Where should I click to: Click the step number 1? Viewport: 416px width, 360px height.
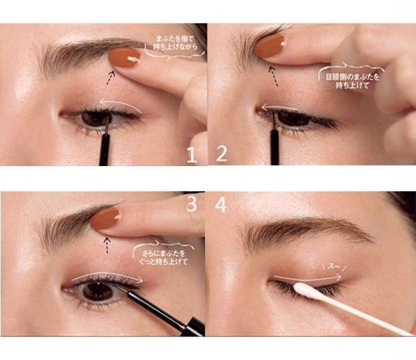coord(192,155)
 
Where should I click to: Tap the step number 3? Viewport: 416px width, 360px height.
coord(192,204)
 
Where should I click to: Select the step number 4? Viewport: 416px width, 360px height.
coord(221,204)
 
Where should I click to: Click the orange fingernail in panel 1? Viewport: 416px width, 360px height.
coord(124,58)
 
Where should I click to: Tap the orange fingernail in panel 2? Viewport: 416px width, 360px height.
coord(270,46)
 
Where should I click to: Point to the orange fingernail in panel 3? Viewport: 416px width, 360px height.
coord(105,219)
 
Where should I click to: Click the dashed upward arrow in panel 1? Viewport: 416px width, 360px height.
coord(110,78)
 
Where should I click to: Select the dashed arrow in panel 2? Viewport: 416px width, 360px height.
coord(273,76)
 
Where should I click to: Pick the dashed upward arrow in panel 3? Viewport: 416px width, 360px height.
coord(107,245)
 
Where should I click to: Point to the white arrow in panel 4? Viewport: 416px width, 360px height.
coord(308,279)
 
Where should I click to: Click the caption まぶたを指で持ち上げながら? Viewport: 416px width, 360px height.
coord(176,43)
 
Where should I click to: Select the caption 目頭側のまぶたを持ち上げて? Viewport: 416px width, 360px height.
coord(352,81)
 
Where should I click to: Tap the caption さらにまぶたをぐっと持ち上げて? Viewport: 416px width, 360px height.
coord(164,258)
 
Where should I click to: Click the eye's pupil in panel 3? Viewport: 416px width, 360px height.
coord(98,291)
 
